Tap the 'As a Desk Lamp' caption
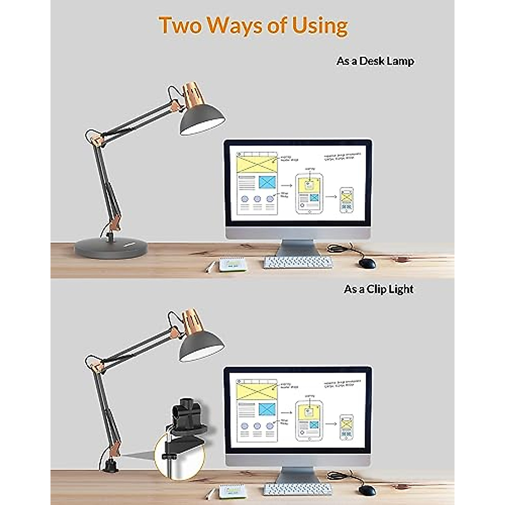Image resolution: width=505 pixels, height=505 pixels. point(375,61)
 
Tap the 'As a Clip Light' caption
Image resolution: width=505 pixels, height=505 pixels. point(378,290)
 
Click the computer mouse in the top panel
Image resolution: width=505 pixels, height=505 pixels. point(367,263)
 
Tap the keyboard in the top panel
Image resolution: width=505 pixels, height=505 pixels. point(298,263)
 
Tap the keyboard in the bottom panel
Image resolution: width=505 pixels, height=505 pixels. point(298,490)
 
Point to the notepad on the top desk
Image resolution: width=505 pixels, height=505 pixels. point(232,265)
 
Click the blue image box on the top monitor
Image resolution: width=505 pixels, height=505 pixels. point(267,182)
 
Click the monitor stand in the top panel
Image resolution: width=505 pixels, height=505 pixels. point(298,248)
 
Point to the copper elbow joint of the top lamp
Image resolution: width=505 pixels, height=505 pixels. point(96,138)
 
